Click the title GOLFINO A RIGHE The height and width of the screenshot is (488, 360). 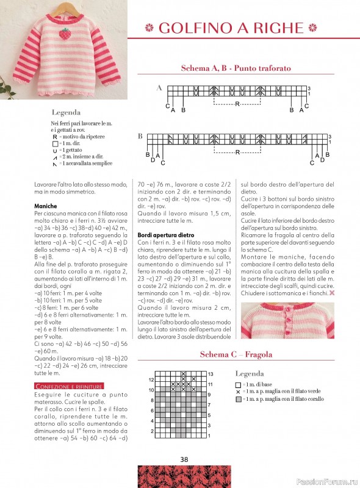pos(231,27)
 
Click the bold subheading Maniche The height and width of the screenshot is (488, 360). pos(46,206)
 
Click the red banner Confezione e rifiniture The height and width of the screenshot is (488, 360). pos(69,386)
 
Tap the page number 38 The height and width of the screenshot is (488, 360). pos(184,459)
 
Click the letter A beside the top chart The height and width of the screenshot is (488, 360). pos(159,88)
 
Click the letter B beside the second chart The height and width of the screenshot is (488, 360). pos(140,136)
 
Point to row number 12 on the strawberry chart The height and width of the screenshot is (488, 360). pos(152,379)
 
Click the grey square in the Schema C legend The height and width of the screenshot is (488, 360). pos(238,399)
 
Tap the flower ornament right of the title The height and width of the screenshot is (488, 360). pos(313,27)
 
